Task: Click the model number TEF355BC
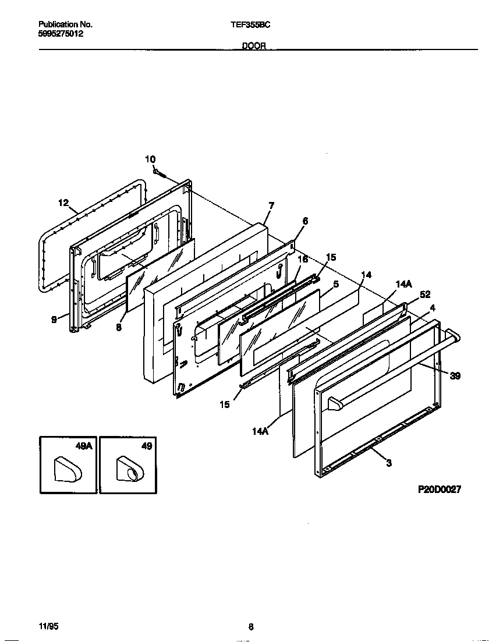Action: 251,25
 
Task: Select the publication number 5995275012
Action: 61,34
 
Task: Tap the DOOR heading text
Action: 254,46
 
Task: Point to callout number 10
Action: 150,159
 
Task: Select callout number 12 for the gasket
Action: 63,203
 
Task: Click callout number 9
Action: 54,319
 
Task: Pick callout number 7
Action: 271,205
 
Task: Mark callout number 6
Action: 305,221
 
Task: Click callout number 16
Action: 303,260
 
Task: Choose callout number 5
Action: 336,284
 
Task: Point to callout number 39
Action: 455,376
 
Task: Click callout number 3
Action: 388,463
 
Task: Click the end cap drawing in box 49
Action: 127,469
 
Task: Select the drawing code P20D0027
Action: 440,490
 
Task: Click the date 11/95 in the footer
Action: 48,627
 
